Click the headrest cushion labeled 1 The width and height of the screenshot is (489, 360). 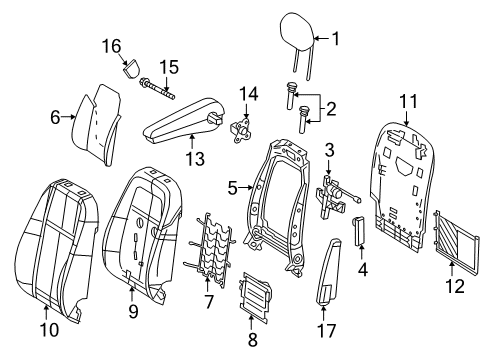tap(297, 32)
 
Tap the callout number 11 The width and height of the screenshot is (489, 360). tap(408, 101)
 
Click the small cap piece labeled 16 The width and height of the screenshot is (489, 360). tap(131, 68)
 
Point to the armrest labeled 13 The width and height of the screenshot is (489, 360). tap(184, 121)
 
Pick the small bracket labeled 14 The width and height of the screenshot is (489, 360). tap(241, 130)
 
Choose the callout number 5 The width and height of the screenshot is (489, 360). tap(232, 189)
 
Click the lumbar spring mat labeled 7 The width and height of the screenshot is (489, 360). tap(209, 249)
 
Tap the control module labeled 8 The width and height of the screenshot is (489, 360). tap(255, 298)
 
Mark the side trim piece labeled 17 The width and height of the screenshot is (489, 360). tap(328, 271)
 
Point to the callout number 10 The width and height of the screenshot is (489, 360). tap(49, 330)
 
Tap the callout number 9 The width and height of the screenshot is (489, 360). tap(133, 312)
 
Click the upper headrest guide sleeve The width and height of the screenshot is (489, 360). tap(291, 95)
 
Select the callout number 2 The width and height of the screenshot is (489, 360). tap(331, 109)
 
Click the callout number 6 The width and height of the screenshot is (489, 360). tap(55, 117)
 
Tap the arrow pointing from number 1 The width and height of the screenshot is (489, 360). tap(321, 39)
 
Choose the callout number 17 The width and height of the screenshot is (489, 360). tap(326, 331)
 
